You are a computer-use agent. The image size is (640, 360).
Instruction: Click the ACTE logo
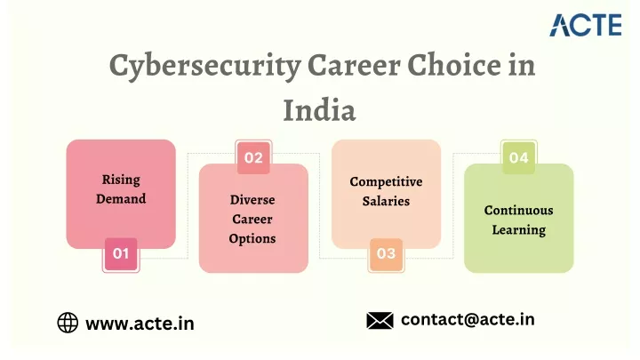click(586, 25)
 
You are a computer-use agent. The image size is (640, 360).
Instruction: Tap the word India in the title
click(320, 110)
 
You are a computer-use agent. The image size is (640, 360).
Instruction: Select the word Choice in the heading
click(454, 65)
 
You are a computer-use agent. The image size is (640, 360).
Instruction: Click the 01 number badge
click(121, 254)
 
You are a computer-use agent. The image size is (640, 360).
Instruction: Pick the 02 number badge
click(253, 157)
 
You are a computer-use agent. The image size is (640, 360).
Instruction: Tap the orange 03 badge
click(386, 254)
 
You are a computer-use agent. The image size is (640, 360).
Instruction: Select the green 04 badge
click(519, 157)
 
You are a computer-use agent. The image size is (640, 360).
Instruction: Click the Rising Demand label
click(121, 189)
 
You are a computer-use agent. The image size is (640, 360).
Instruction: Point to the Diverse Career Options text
click(252, 220)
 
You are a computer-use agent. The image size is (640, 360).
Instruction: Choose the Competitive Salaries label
click(386, 191)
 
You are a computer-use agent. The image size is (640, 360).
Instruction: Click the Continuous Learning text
click(519, 220)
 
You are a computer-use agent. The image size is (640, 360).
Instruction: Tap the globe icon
click(68, 323)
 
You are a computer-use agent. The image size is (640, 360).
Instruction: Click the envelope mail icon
click(380, 320)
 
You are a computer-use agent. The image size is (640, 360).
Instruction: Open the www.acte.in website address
click(140, 324)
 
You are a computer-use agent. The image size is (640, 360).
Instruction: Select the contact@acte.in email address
click(468, 320)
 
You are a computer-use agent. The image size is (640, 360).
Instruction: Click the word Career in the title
click(355, 65)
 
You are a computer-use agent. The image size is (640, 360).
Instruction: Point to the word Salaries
click(386, 201)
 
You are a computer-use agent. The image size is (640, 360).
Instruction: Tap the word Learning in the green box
click(519, 230)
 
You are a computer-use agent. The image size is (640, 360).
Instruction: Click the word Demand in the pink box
click(121, 199)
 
